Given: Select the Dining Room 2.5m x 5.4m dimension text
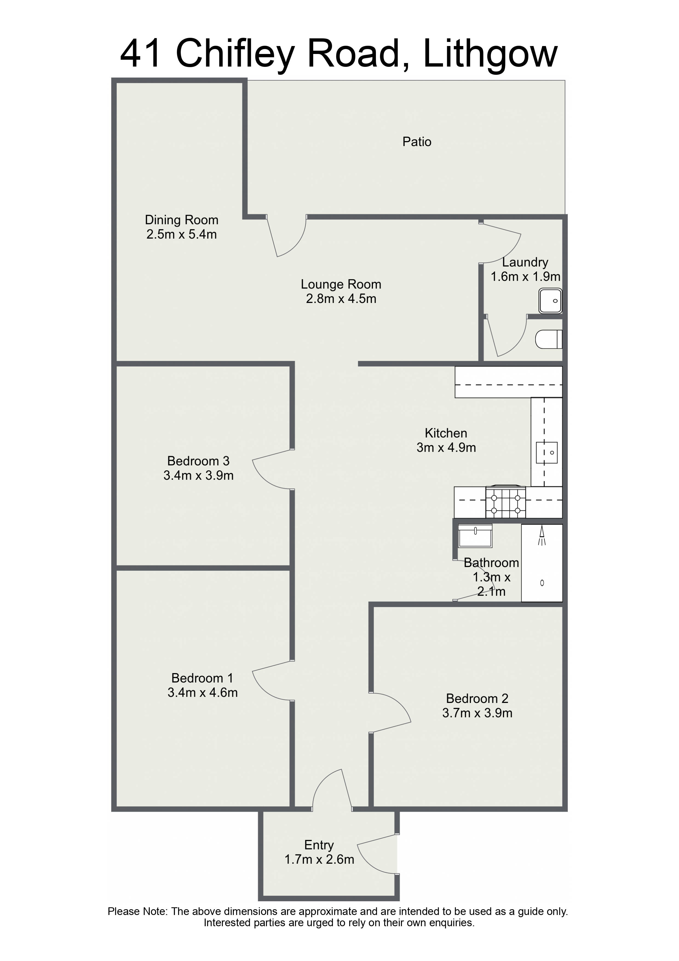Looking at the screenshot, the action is (x=182, y=234).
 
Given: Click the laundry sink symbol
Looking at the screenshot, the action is (x=550, y=301).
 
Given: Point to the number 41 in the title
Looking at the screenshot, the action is (x=140, y=54).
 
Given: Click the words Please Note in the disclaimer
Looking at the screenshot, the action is (x=138, y=912).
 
